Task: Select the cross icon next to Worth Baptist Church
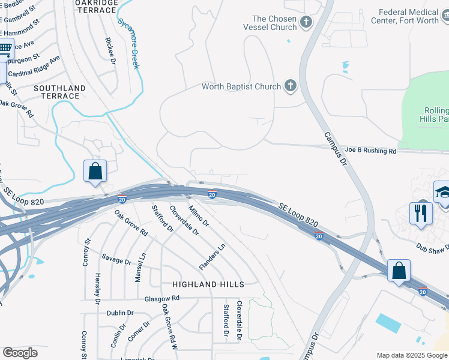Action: pyautogui.click(x=291, y=86)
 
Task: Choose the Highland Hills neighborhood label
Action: pyautogui.click(x=208, y=284)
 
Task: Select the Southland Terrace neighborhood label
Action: pyautogui.click(x=60, y=92)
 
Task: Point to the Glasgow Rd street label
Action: pyautogui.click(x=162, y=298)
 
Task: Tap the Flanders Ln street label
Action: pyautogui.click(x=212, y=256)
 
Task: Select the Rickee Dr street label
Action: pyautogui.click(x=110, y=50)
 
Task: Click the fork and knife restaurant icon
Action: pyautogui.click(x=421, y=212)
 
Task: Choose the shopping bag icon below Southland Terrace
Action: pyautogui.click(x=95, y=171)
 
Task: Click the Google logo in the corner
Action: pyautogui.click(x=20, y=353)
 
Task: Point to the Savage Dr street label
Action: pyautogui.click(x=116, y=261)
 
